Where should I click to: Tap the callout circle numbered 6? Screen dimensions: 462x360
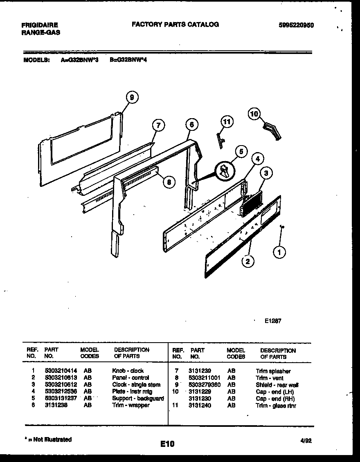click(x=191, y=124)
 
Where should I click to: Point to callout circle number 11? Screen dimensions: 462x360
click(x=227, y=122)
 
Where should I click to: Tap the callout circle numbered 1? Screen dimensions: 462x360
click(x=279, y=253)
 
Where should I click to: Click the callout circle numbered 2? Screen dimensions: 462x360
click(x=247, y=261)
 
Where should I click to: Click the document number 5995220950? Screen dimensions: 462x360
click(x=295, y=25)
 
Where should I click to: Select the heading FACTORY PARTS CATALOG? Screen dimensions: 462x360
click(x=175, y=25)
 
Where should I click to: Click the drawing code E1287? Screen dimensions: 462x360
click(x=273, y=321)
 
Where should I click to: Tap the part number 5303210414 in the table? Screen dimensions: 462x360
click(x=61, y=371)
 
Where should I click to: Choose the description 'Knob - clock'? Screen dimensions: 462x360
click(x=128, y=371)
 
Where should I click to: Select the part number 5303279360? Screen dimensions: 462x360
click(x=205, y=385)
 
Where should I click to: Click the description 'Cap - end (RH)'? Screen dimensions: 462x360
click(x=275, y=399)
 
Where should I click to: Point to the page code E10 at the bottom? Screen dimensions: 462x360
click(x=167, y=444)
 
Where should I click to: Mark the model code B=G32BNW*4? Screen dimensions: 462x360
click(x=128, y=59)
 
